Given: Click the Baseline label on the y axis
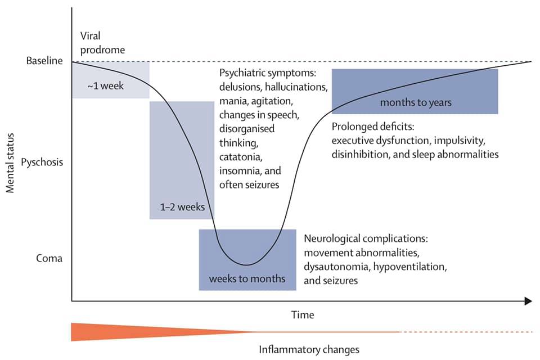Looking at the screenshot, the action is pyautogui.click(x=44, y=61).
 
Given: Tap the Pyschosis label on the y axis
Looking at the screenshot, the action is pyautogui.click(x=42, y=162).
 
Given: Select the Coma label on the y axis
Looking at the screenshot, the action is pyautogui.click(x=49, y=258).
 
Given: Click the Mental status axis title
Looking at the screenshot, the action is pyautogui.click(x=10, y=163).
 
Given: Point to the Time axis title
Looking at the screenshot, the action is pyautogui.click(x=303, y=314).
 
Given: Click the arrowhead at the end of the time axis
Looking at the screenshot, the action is pyautogui.click(x=528, y=301).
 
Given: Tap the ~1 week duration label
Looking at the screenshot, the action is pyautogui.click(x=105, y=85).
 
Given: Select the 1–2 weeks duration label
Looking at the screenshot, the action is pyautogui.click(x=182, y=206).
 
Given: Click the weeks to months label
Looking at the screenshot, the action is pyautogui.click(x=247, y=278).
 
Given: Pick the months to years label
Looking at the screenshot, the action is pyautogui.click(x=416, y=102).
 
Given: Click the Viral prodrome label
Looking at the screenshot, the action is pyautogui.click(x=102, y=43).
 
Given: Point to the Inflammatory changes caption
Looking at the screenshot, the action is pyautogui.click(x=309, y=350).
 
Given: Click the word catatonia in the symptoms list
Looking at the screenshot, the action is pyautogui.click(x=241, y=157).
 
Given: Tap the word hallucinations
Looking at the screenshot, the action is pyautogui.click(x=296, y=87).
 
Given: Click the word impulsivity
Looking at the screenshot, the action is pyautogui.click(x=460, y=141).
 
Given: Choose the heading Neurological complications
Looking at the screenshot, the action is pyautogui.click(x=366, y=238).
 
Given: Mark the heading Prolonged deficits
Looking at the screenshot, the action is pyautogui.click(x=373, y=127).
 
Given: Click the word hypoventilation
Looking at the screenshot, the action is pyautogui.click(x=410, y=267).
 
